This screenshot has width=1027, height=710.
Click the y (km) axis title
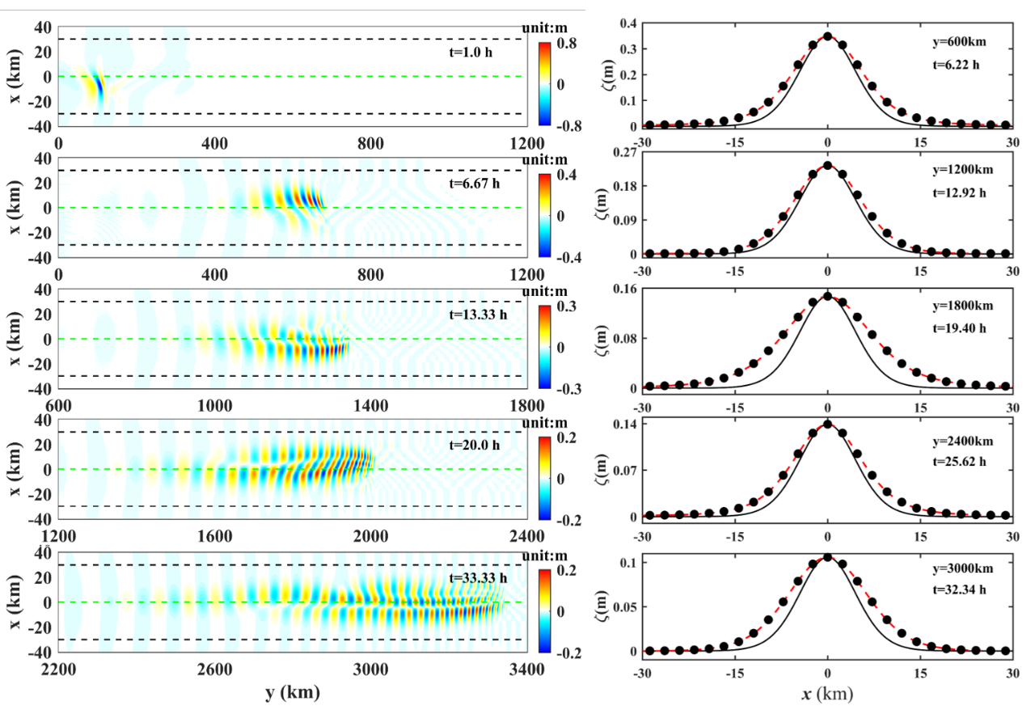(x=292, y=692)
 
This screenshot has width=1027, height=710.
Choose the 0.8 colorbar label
(x=568, y=45)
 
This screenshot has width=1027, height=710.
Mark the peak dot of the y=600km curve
(x=827, y=36)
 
